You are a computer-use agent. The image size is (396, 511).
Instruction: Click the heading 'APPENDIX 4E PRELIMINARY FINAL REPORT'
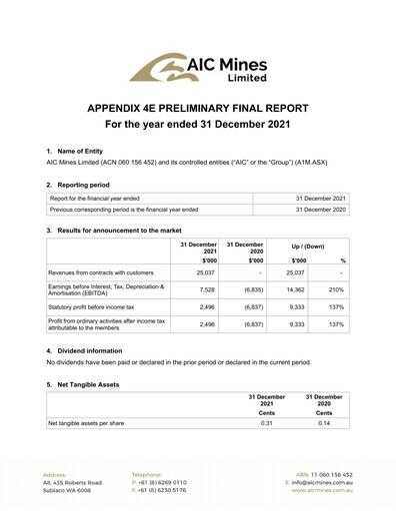(198, 108)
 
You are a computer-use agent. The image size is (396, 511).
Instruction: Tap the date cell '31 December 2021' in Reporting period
(317, 200)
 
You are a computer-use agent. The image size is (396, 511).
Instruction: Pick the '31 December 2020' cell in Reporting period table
(317, 211)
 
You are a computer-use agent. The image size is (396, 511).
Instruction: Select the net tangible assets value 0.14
(323, 422)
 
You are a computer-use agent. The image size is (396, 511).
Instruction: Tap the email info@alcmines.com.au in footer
(321, 483)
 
